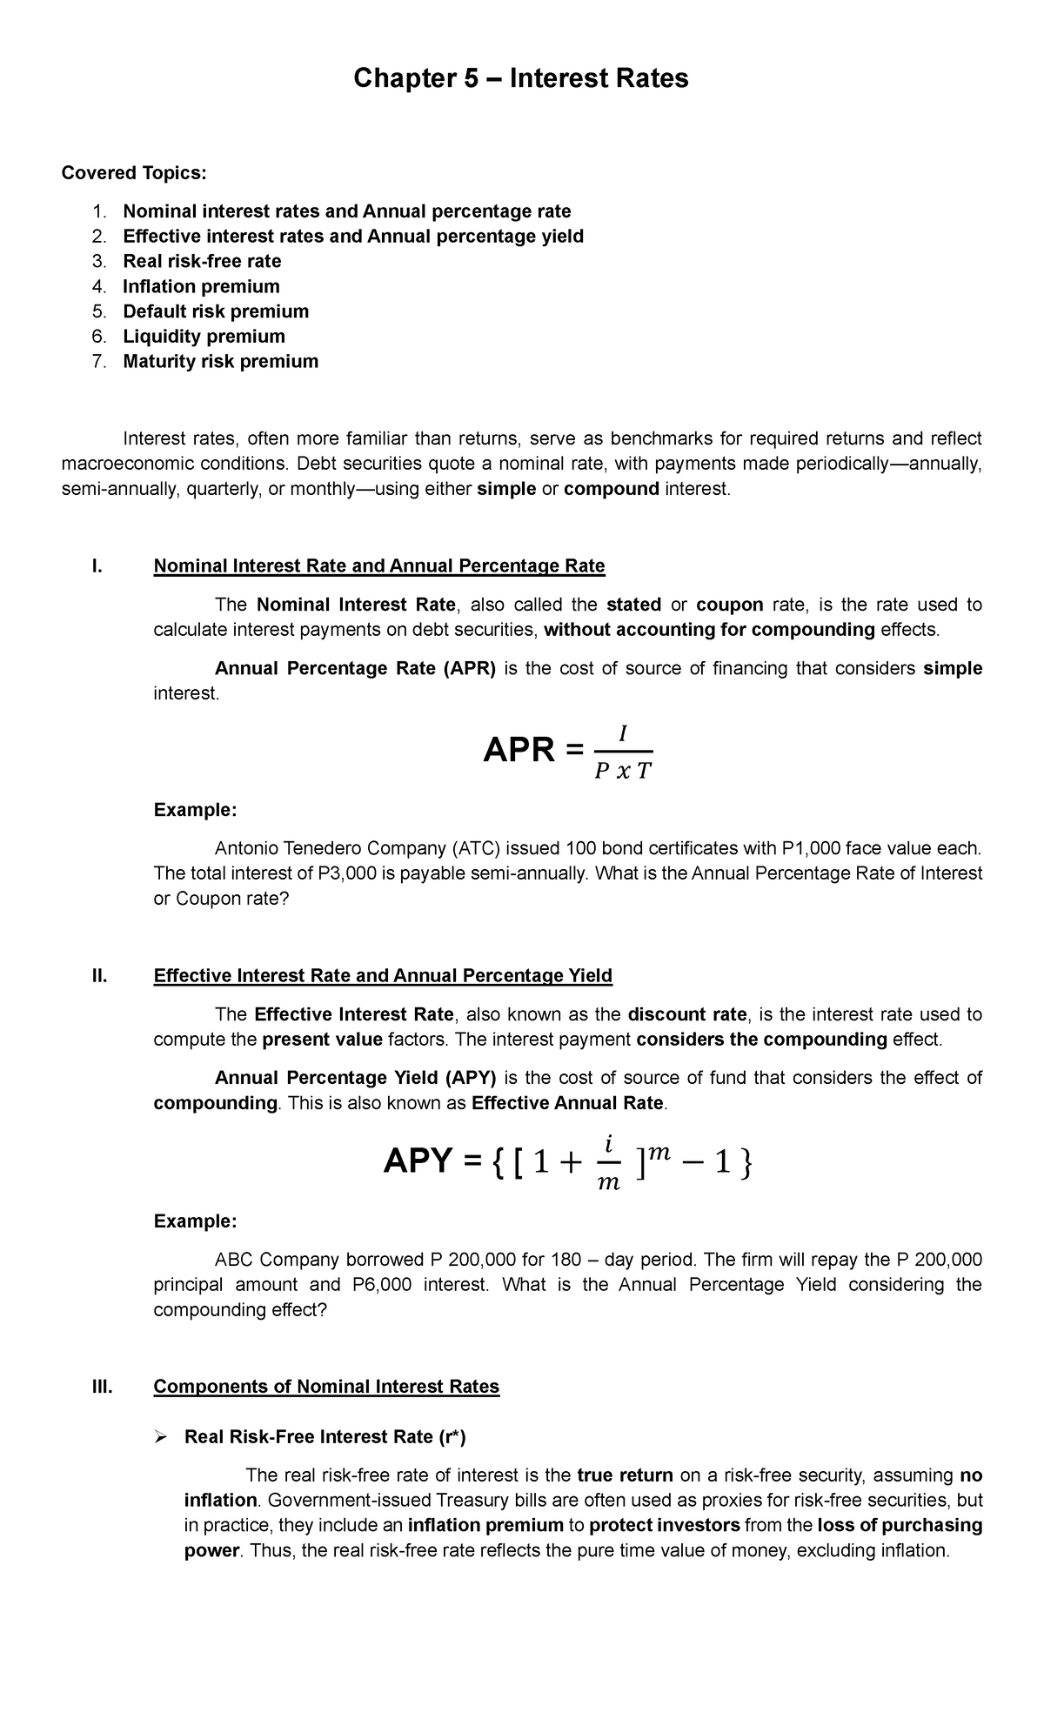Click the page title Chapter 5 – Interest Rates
tap(520, 79)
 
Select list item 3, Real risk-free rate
tap(202, 261)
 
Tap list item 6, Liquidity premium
tap(204, 336)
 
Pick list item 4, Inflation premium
tap(201, 286)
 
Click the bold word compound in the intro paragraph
tap(611, 489)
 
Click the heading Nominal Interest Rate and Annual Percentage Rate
tap(378, 566)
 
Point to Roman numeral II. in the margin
tap(99, 975)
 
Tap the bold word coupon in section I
tap(729, 605)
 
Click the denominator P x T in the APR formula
tap(622, 772)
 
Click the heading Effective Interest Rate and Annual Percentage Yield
tap(383, 975)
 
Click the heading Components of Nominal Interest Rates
tap(326, 1386)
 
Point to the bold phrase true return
tap(625, 1475)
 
